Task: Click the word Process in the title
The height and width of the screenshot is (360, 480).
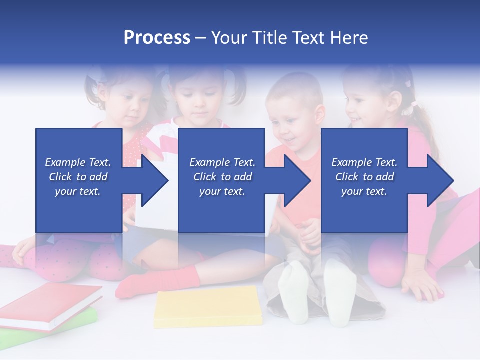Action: pyautogui.click(x=157, y=37)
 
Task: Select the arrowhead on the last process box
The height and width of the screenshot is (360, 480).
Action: pyautogui.click(x=440, y=180)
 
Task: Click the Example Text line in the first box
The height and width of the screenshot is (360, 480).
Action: pyautogui.click(x=78, y=162)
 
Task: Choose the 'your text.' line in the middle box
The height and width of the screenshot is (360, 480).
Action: pyautogui.click(x=222, y=191)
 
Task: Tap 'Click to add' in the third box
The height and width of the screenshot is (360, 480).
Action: pyautogui.click(x=364, y=177)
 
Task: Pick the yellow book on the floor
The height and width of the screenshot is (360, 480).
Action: pyautogui.click(x=207, y=307)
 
